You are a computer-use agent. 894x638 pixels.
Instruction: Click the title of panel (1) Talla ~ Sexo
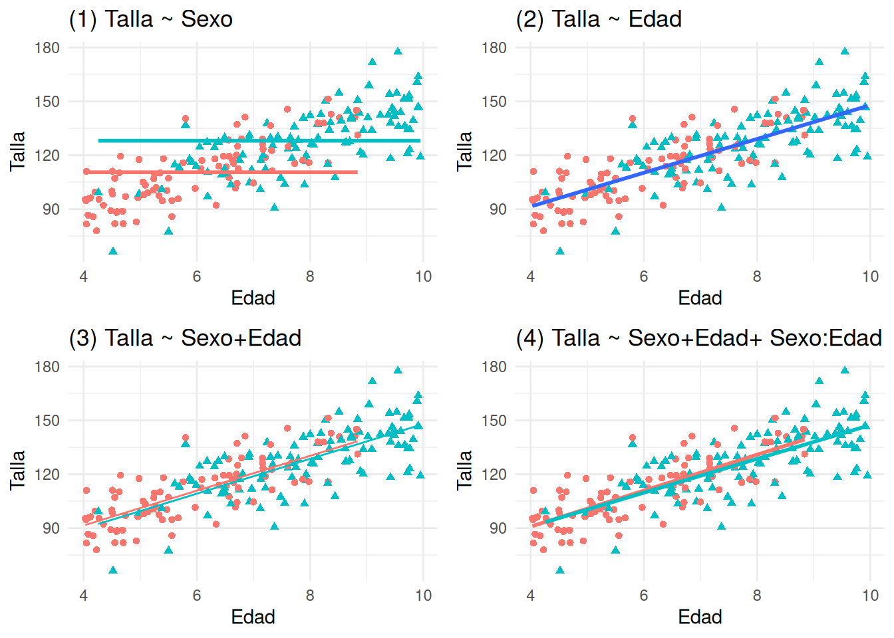point(151,19)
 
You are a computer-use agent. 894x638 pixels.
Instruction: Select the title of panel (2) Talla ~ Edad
point(599,19)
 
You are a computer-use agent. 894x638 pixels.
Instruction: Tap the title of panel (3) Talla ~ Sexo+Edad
point(185,338)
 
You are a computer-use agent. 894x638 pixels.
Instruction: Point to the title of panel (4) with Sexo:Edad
point(699,338)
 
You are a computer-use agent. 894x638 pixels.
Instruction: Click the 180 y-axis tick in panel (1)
point(47,48)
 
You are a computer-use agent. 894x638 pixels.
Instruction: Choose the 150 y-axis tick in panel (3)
point(47,421)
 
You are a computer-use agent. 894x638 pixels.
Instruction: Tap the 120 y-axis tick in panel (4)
point(494,475)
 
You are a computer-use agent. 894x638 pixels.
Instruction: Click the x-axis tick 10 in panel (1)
point(423,276)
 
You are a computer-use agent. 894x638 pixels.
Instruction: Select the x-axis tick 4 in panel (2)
point(530,276)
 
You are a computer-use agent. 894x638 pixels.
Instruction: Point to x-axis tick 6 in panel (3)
point(197,595)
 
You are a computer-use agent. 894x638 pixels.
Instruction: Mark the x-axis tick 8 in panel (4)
point(757,595)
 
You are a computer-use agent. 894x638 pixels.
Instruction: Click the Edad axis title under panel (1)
point(253,298)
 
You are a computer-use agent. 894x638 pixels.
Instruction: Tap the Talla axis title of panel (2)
point(464,151)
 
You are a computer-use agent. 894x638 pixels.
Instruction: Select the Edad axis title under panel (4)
point(700,617)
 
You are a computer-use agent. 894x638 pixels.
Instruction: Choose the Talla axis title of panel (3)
point(17,470)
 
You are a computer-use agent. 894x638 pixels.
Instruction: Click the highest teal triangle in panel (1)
point(398,51)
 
